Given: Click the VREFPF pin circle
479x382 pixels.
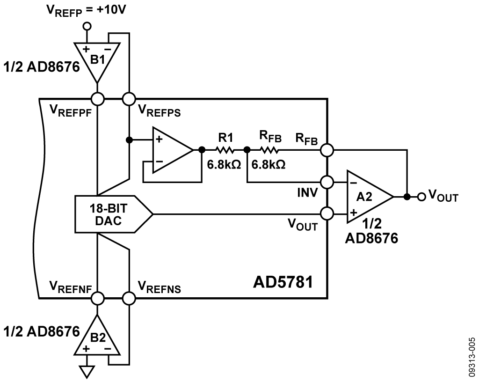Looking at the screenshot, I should pyautogui.click(x=97, y=99).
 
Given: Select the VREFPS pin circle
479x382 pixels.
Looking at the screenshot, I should pyautogui.click(x=128, y=99).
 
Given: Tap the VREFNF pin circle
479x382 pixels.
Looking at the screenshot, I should pyautogui.click(x=97, y=298).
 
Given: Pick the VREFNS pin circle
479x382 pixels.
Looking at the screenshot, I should pyautogui.click(x=128, y=298).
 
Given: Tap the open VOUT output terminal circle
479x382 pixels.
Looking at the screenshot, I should pyautogui.click(x=421, y=197).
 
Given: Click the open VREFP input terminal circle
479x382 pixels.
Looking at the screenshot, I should pyautogui.click(x=86, y=27).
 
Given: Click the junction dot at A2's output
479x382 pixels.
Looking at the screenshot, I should pyautogui.click(x=407, y=197).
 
